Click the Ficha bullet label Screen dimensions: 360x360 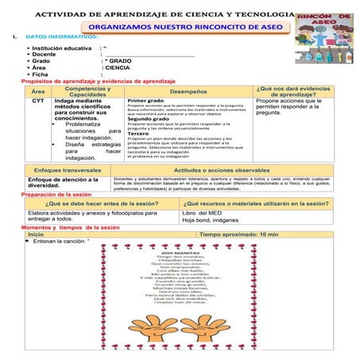(41, 75)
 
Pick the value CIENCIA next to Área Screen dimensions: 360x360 (118, 68)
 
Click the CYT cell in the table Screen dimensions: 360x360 (38, 102)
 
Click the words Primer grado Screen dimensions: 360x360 (145, 102)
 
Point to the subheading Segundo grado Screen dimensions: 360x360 (148, 118)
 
